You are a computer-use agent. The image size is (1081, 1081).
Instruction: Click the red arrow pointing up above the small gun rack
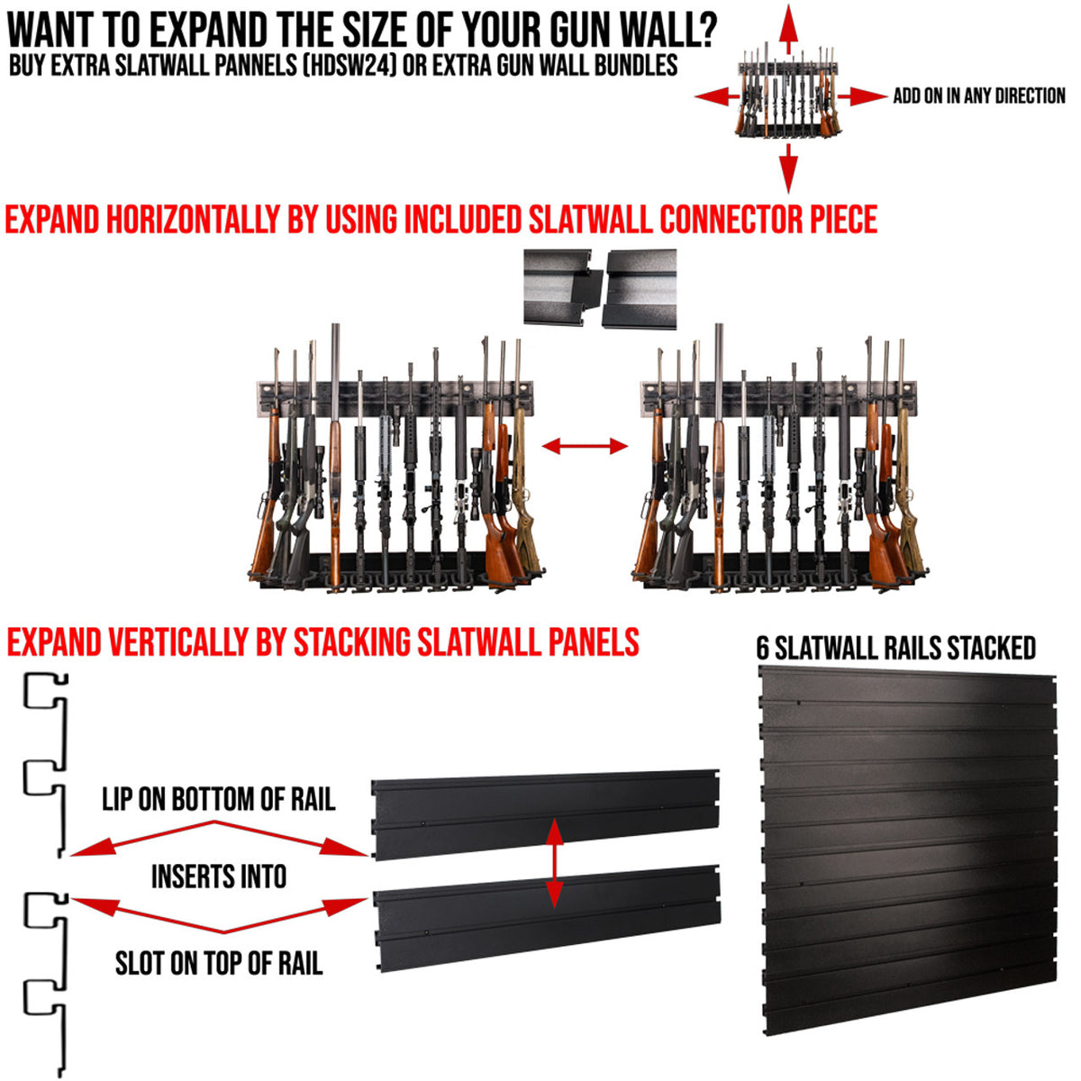coord(788,27)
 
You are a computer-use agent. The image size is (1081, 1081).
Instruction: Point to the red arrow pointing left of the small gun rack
coord(716,96)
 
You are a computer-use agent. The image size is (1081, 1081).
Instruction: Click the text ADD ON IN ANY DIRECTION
coord(978,96)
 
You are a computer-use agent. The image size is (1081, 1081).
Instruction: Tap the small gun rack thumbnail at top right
coord(788,95)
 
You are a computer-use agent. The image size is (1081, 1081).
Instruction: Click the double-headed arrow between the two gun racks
coord(585,446)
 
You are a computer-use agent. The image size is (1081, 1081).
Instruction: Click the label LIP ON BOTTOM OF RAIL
coord(218,799)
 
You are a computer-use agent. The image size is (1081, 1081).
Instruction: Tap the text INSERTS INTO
coord(218,877)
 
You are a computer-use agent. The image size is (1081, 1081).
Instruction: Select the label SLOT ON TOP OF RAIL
coord(218,964)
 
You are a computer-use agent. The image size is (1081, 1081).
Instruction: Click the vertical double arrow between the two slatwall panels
coord(554,862)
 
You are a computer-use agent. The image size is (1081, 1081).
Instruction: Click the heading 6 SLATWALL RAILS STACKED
coord(895,649)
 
